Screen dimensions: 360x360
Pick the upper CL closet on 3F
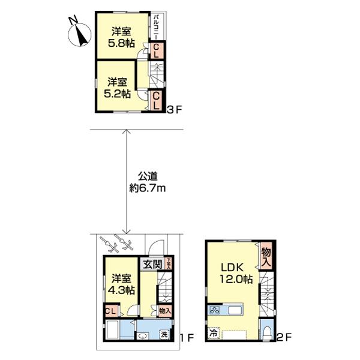pos(155,51)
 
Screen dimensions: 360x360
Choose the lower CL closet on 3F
pos(155,100)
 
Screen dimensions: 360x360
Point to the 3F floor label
pos(173,110)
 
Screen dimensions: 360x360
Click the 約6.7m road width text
pos(147,188)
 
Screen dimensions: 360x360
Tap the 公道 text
pos(147,176)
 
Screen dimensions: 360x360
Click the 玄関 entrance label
pos(151,263)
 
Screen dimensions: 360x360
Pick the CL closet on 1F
pos(110,311)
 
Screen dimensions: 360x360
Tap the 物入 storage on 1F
pos(165,310)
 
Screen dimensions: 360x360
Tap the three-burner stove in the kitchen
pos(215,311)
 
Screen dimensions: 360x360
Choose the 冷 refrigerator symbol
pos(213,331)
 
